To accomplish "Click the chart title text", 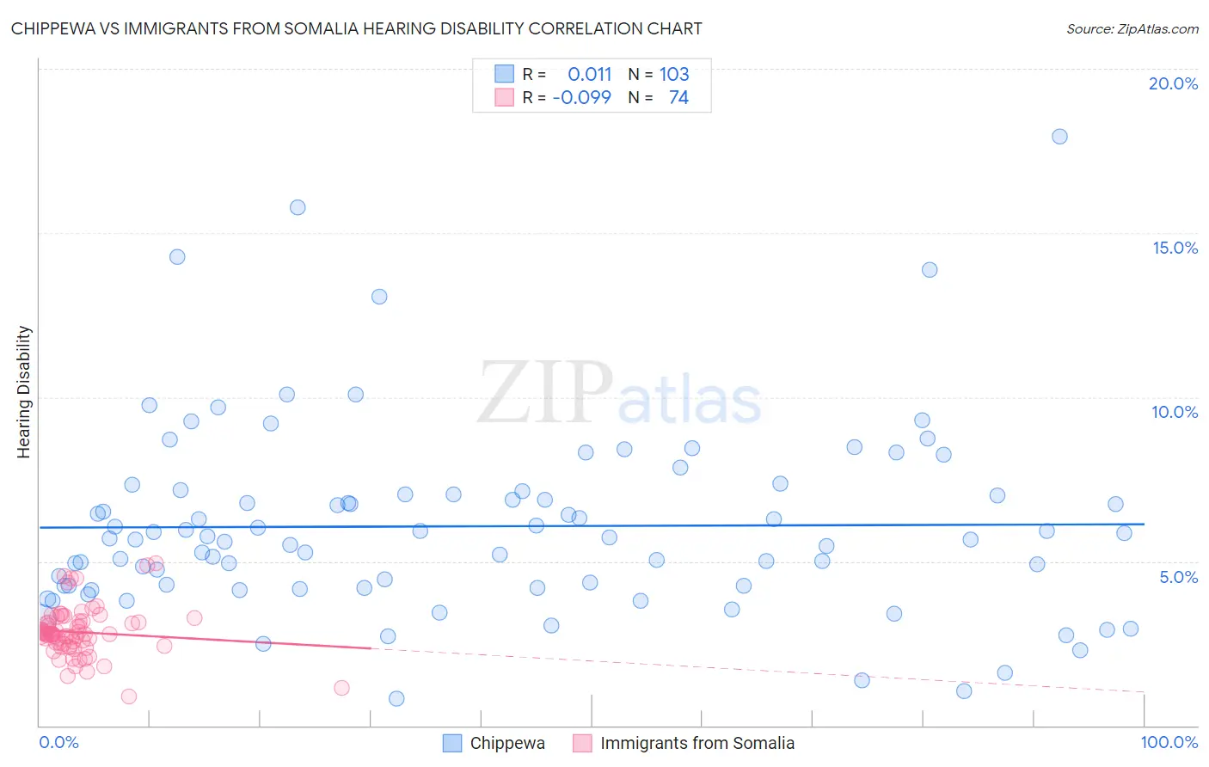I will click(356, 28).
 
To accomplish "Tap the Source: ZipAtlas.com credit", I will click(1132, 28).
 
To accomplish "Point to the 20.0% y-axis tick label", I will click(1173, 83).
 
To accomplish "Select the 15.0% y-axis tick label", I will click(1175, 248).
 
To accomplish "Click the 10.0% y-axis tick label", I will click(1175, 412).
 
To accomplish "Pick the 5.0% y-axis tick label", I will click(1178, 577).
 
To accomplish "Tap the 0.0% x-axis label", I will click(58, 742).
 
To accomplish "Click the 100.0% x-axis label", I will click(1169, 742).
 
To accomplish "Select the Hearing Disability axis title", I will click(23, 392).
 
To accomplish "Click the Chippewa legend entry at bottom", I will click(506, 743).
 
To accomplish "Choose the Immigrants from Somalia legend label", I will click(697, 743).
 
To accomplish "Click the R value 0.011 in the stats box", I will click(589, 74).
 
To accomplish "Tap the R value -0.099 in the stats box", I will click(581, 97).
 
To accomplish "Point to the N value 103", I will click(674, 74).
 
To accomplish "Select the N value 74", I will click(678, 97).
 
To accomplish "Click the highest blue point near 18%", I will click(1059, 137).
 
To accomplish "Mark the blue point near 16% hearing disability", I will click(298, 207).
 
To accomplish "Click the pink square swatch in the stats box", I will click(504, 97).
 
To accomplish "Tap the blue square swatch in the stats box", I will click(504, 74).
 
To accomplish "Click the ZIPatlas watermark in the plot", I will click(619, 394).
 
